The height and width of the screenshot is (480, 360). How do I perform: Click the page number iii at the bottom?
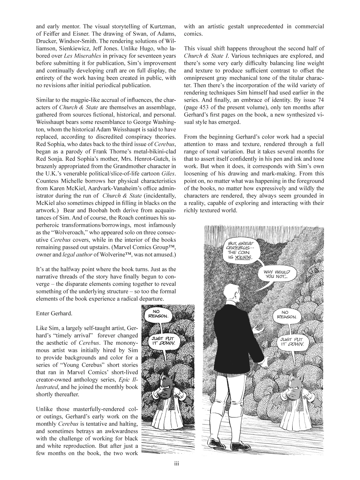click(176, 464)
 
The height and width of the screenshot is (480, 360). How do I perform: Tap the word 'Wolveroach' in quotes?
click(67, 232)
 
